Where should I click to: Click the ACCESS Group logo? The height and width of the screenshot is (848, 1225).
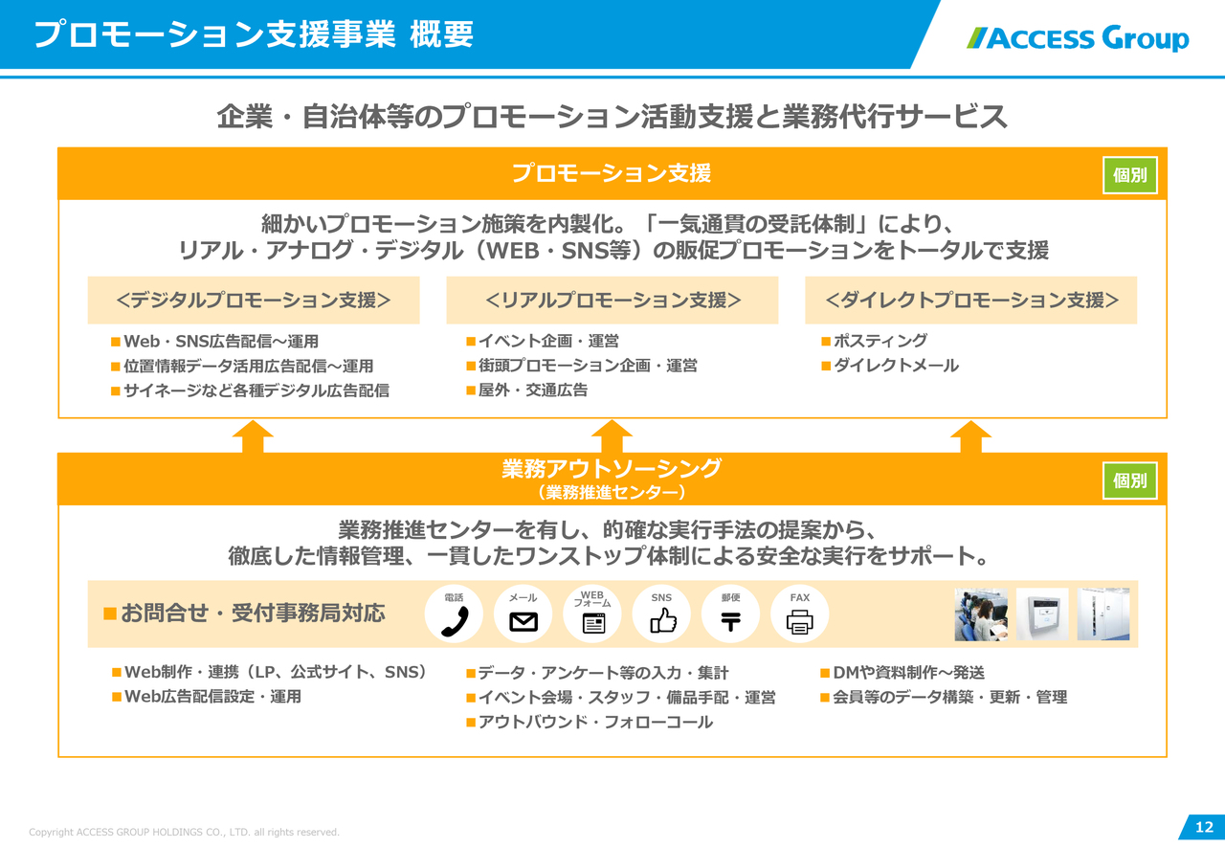[x=1078, y=38]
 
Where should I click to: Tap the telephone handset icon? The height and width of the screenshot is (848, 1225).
[x=455, y=621]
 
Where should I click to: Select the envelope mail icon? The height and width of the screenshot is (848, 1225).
[x=523, y=622]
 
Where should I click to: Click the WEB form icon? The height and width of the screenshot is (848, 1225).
[x=593, y=623]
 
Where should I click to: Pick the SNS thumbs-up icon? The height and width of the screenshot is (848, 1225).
[x=663, y=621]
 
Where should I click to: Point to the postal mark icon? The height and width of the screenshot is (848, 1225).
[x=730, y=622]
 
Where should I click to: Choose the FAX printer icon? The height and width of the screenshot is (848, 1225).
[x=799, y=622]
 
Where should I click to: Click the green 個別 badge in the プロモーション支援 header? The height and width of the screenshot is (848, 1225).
[x=1130, y=175]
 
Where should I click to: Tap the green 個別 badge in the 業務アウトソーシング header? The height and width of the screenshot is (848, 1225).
[x=1130, y=480]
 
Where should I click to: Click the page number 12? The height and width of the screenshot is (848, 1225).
[x=1204, y=827]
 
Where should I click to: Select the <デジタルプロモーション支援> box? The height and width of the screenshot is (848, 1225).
[x=254, y=300]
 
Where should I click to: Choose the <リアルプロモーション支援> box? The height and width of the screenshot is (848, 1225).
[x=612, y=300]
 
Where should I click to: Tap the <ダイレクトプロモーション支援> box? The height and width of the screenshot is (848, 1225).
[x=971, y=300]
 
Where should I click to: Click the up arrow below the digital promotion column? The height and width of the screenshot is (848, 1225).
[x=253, y=436]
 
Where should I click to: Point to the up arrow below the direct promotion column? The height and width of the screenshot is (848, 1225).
[x=971, y=436]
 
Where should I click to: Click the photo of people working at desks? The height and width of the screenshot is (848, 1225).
[x=981, y=614]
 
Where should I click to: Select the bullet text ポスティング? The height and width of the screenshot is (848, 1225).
[x=880, y=341]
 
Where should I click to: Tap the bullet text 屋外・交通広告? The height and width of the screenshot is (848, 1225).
[x=533, y=391]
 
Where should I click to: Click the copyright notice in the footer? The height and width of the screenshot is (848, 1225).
[x=185, y=832]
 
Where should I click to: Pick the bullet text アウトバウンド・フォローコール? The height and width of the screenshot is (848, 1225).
[x=596, y=723]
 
